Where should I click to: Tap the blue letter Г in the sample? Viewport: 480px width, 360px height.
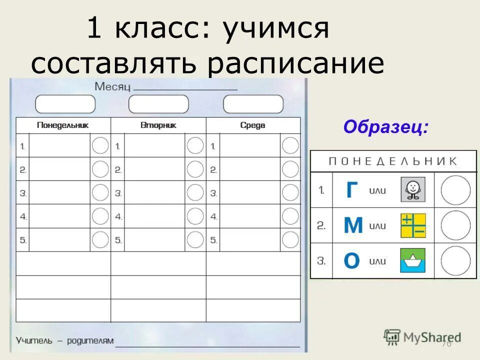(352, 190)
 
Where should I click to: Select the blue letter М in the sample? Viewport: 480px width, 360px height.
(353, 225)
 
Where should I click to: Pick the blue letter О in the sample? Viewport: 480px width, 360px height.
(352, 260)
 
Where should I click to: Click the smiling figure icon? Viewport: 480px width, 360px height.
(412, 189)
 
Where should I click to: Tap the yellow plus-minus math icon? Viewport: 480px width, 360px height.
(413, 225)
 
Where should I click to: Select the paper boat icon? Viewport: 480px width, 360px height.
(412, 260)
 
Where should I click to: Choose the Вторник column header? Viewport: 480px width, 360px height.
(158, 125)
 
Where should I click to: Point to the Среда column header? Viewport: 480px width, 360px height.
(252, 125)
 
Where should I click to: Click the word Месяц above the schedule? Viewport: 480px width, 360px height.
(112, 87)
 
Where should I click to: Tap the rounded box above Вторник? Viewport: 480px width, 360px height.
(158, 104)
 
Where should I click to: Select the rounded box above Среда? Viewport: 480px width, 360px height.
(253, 104)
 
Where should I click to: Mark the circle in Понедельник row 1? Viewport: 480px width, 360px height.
(100, 145)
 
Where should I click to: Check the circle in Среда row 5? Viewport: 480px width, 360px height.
(290, 240)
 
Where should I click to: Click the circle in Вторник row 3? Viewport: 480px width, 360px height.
(195, 192)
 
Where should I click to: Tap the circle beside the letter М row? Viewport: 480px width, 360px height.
(455, 225)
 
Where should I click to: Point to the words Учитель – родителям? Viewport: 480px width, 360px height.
(65, 341)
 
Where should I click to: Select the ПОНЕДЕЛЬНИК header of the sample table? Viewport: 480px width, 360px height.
(392, 161)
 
